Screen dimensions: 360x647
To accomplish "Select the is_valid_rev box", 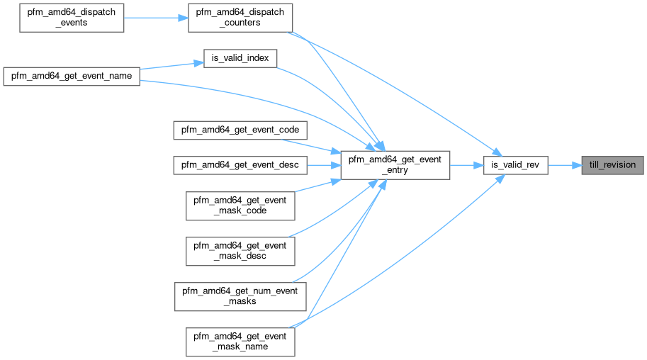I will point(515,165).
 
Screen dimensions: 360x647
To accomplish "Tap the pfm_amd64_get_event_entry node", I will point(395,165).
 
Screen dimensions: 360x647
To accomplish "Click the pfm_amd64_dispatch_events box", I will point(72,16).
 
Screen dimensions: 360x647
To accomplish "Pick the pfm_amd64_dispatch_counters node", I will point(240,16).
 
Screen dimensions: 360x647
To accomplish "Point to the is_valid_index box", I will point(240,58).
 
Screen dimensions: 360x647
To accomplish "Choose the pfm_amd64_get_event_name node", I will point(72,77).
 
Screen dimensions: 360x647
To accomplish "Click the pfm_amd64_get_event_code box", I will point(240,130).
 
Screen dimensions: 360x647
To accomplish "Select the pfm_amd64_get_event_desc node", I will point(240,165).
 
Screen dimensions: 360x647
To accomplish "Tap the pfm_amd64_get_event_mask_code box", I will point(240,205).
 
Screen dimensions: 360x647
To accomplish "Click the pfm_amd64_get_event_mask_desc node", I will point(240,250).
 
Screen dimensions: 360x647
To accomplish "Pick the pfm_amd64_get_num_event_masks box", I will point(240,296).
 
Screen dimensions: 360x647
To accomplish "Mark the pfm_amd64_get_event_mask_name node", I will point(240,341).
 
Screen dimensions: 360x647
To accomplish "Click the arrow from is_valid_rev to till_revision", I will point(564,165).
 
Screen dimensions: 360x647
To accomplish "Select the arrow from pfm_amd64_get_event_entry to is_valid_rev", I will point(466,165).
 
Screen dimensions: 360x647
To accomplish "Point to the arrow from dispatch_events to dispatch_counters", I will point(156,16).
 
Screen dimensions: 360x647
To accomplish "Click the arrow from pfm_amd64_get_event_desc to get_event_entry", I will point(323,165).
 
